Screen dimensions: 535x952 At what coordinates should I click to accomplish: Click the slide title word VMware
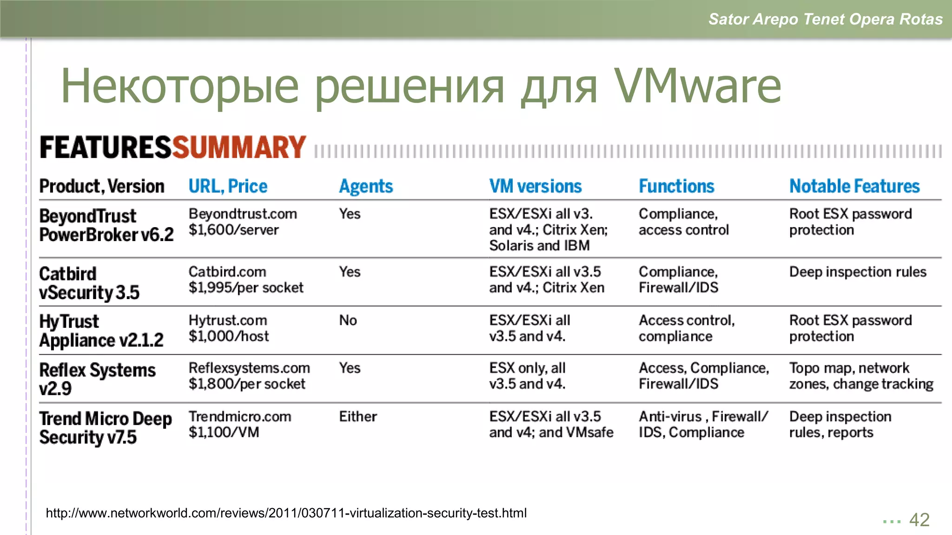[697, 86]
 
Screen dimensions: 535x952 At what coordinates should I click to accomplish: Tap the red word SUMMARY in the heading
[239, 148]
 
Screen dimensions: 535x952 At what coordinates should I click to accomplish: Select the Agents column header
[366, 187]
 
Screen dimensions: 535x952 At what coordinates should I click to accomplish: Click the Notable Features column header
[854, 187]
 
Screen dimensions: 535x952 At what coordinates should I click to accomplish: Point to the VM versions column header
[535, 187]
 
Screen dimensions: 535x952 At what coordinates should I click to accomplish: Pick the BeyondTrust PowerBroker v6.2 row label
[106, 225]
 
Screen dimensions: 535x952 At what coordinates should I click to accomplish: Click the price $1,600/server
[233, 230]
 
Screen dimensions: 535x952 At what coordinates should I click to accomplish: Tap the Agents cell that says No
[348, 320]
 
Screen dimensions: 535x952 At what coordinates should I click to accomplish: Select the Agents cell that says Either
[357, 417]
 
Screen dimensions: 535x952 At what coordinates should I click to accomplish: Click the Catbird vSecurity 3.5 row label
[89, 283]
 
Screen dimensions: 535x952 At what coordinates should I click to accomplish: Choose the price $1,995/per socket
[246, 288]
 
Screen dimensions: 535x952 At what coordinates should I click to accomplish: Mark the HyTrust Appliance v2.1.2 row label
[101, 331]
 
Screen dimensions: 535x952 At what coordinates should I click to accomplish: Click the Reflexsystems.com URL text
[249, 368]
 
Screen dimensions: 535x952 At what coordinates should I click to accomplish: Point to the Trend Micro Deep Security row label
[105, 428]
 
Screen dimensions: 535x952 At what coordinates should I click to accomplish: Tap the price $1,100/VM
[224, 432]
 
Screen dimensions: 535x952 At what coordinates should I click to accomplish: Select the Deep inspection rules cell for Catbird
[858, 272]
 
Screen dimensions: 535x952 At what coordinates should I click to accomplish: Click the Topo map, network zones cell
[861, 376]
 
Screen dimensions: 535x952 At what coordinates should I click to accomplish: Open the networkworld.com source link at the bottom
[286, 513]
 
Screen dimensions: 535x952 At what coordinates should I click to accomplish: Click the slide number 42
[919, 520]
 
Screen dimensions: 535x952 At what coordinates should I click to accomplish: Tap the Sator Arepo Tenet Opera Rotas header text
[825, 19]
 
